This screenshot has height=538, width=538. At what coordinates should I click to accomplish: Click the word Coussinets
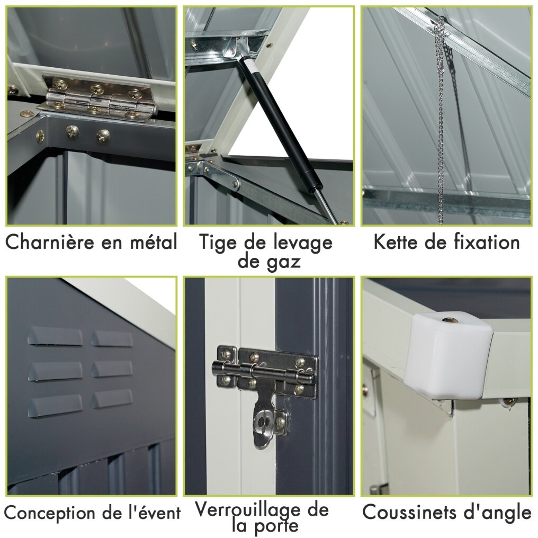[x=409, y=512]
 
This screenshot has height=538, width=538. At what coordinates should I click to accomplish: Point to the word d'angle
[x=496, y=513]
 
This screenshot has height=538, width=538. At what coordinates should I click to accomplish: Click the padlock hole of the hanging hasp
[x=263, y=422]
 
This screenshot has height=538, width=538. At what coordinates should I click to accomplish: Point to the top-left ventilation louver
[x=55, y=336]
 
